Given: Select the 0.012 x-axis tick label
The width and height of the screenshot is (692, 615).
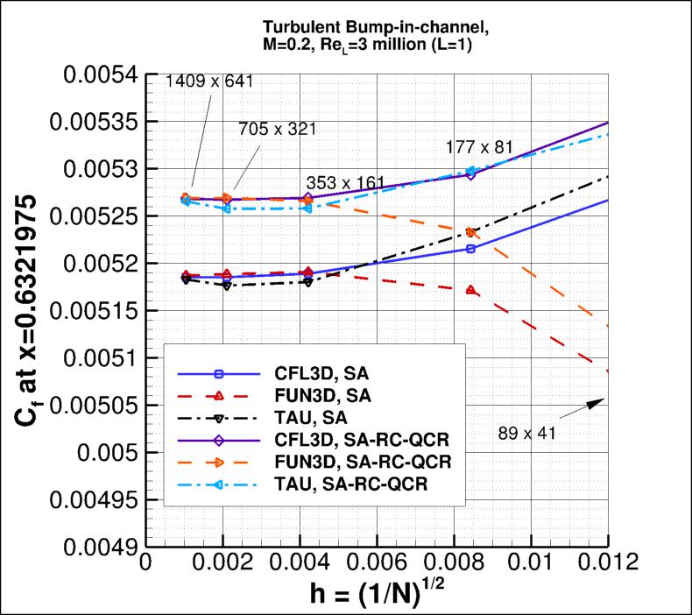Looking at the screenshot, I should pyautogui.click(x=607, y=562).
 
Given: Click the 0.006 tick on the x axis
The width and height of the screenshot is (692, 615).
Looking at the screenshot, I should pyautogui.click(x=377, y=562).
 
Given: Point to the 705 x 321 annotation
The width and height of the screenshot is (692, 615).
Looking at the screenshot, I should pyautogui.click(x=277, y=128).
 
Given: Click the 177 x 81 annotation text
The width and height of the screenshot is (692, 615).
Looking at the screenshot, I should pyautogui.click(x=478, y=146).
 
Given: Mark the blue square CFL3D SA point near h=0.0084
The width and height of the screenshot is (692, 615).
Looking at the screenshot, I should pyautogui.click(x=471, y=249).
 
